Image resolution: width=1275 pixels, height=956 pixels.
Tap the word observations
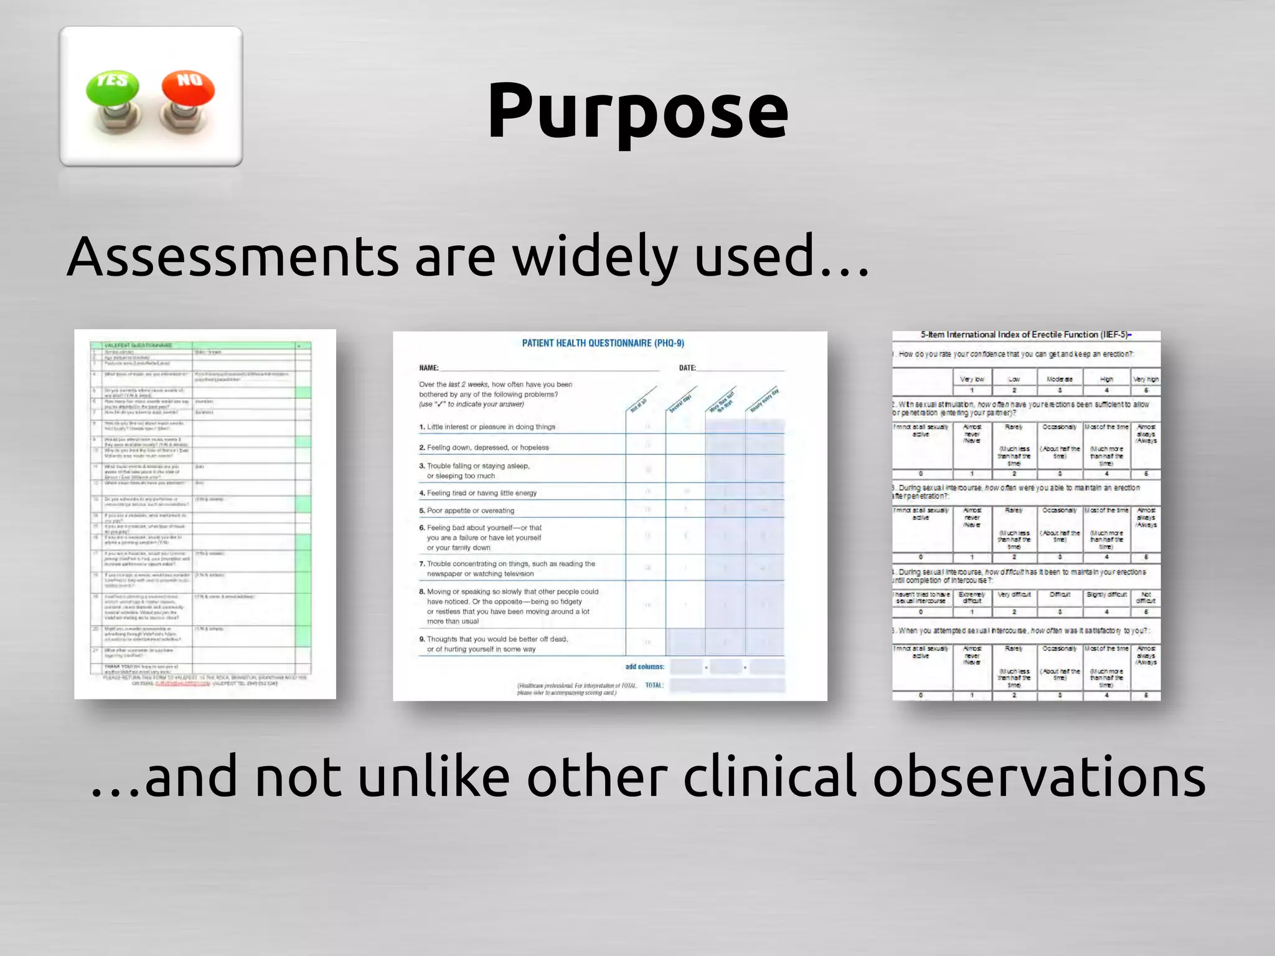tap(1038, 776)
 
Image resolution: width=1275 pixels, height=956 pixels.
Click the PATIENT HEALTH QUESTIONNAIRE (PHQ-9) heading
tap(603, 343)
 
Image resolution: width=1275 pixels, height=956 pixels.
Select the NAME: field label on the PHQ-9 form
tap(429, 368)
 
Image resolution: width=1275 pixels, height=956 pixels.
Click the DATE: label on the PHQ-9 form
tap(687, 368)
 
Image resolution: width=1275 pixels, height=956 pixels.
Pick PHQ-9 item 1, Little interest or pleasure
tap(487, 427)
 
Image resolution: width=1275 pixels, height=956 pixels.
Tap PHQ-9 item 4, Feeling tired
tap(478, 493)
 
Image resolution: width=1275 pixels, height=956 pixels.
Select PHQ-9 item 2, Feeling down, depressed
tap(484, 448)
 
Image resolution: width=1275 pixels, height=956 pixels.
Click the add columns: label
tap(644, 667)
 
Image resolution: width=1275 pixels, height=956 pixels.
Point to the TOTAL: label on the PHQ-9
tap(654, 685)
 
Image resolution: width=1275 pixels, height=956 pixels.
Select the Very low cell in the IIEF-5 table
tap(972, 379)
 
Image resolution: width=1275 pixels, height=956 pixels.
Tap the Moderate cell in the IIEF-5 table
tap(1060, 379)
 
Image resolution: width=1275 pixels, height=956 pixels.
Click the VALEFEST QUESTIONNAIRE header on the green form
tap(138, 345)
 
